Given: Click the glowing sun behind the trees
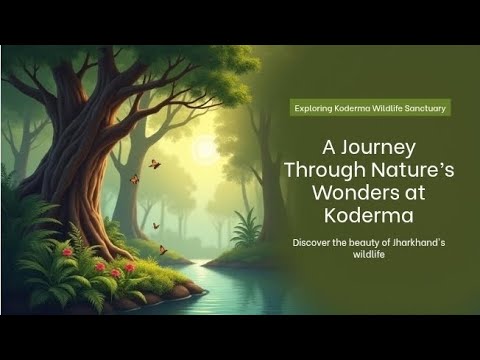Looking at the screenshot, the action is pos(204,149).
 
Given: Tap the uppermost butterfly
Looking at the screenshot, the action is pos(154,164).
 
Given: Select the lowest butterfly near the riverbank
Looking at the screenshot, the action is pos(163,250).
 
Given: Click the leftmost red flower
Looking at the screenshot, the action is pos(67,252).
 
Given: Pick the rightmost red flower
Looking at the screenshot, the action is pos(130,267).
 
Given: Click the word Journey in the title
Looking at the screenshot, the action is pos(378,148).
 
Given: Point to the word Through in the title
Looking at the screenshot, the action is pos(325,170).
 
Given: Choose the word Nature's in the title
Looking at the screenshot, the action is pos(412,169).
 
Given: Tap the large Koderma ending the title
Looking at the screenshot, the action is pos(369,215).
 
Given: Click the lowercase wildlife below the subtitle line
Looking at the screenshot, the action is pos(369,255).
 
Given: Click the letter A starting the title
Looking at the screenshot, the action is pos(328,148).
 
